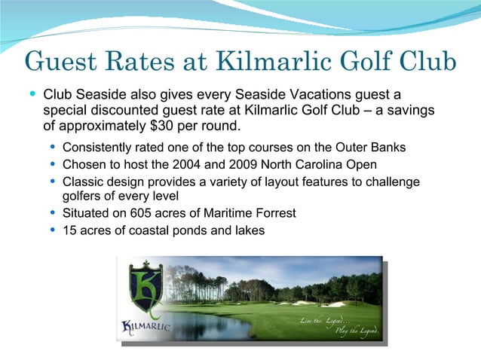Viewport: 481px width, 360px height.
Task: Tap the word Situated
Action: click(88, 213)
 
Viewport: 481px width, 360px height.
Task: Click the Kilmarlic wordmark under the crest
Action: click(147, 326)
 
